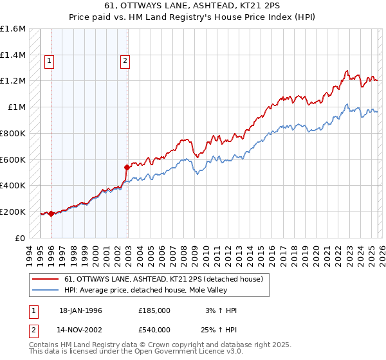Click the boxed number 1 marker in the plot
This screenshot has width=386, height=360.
(x=50, y=61)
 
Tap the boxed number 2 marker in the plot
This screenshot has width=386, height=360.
(x=125, y=61)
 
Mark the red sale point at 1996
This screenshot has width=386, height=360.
(x=51, y=213)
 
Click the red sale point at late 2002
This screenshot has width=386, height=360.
(x=127, y=167)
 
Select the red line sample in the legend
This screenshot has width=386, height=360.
(x=46, y=280)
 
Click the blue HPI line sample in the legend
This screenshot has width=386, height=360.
(x=46, y=291)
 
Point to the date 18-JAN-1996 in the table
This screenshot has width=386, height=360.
(x=80, y=310)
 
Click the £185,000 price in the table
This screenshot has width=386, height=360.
(x=154, y=310)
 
